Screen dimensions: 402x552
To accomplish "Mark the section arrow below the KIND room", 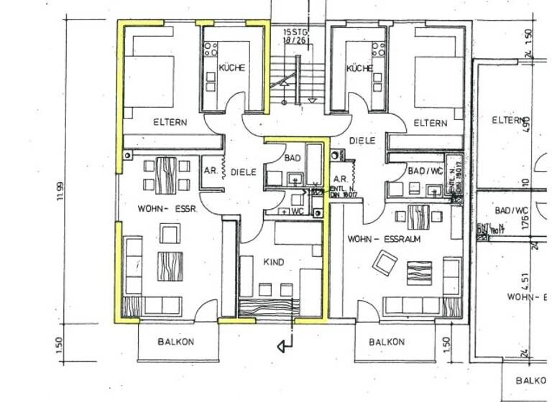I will pos(285,347).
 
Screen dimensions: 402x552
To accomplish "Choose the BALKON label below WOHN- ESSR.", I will pos(175,342).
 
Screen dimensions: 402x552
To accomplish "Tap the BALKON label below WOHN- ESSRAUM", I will pos(386,342).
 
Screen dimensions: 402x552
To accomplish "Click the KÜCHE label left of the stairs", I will pos(231,68).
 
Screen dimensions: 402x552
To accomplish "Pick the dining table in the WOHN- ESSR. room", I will pos(166,174).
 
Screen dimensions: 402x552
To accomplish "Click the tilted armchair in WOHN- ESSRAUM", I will pos(382,265).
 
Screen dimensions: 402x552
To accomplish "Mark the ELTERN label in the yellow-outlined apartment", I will pos(170,122).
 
